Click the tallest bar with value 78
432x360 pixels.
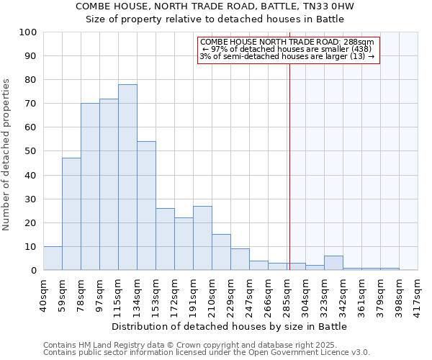click(x=127, y=177)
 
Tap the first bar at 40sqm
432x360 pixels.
click(x=53, y=258)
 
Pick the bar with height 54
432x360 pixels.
click(x=146, y=206)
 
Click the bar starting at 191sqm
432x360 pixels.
click(x=202, y=238)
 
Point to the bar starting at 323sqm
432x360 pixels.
click(x=333, y=264)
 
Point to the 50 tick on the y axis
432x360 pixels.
click(x=31, y=151)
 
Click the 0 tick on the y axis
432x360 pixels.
click(x=34, y=270)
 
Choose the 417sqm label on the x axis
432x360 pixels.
click(x=418, y=292)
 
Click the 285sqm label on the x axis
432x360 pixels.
click(x=287, y=292)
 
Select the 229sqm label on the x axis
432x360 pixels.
click(x=231, y=292)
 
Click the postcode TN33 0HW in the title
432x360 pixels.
click(x=330, y=6)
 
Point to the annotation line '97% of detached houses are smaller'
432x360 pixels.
click(x=287, y=49)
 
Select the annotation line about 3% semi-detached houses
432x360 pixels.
click(x=287, y=56)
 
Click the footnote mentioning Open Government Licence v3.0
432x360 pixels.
click(x=207, y=353)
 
